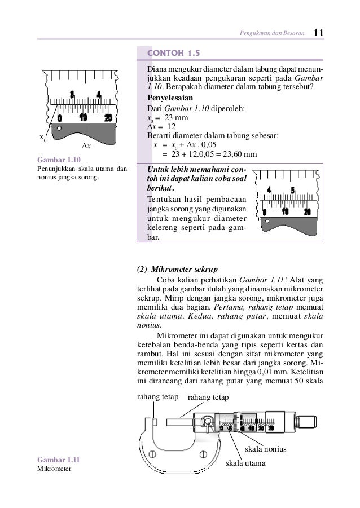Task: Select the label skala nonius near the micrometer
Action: click(265, 449)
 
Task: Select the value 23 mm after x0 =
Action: click(176, 118)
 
